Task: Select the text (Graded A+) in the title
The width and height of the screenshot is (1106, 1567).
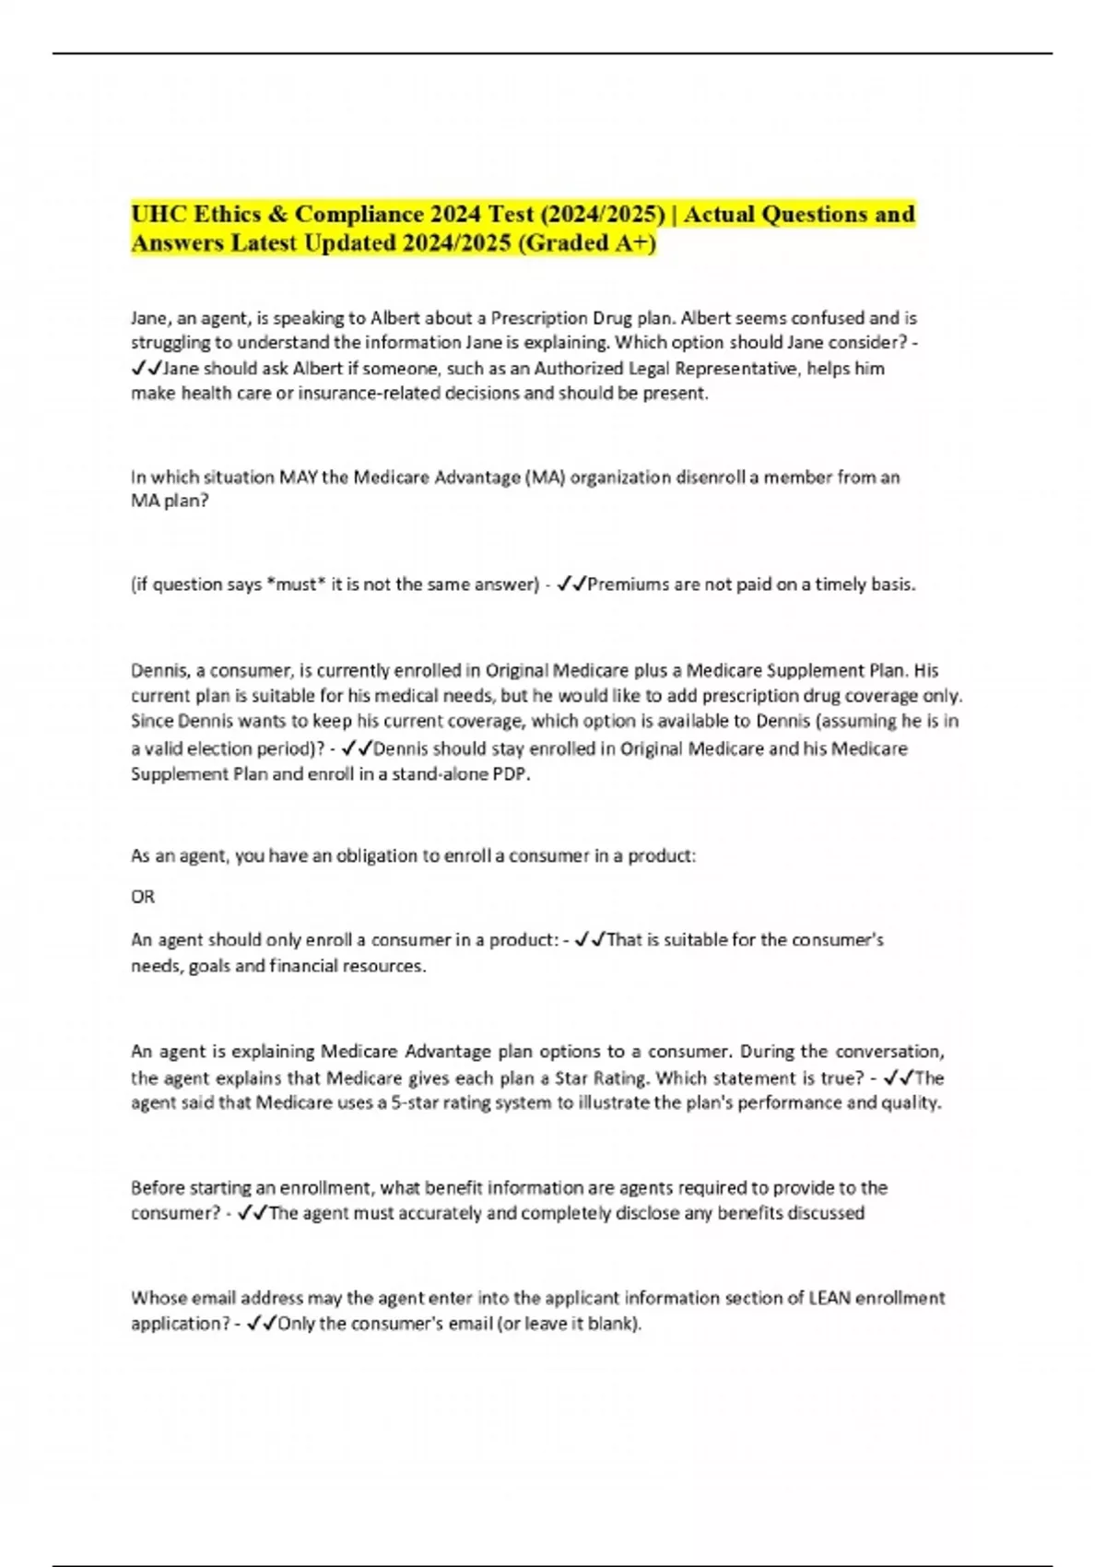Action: [595, 243]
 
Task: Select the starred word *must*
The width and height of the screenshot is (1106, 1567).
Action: [295, 584]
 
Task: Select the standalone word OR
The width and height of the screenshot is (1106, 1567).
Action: [143, 897]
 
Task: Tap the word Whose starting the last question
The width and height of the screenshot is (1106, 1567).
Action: [158, 1299]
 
